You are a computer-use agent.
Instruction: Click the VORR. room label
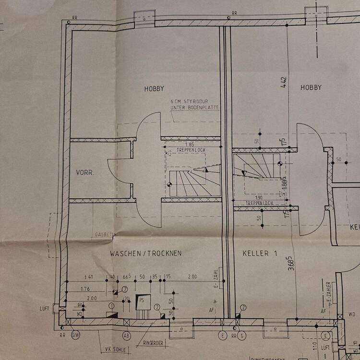(84, 172)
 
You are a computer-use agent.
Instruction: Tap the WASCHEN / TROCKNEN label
(145, 253)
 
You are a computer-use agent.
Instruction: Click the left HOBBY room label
(154, 88)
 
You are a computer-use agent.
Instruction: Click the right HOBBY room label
(311, 87)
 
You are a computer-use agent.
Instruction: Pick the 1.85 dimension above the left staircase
(191, 144)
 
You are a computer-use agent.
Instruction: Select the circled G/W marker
(75, 335)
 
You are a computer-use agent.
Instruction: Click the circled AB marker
(127, 335)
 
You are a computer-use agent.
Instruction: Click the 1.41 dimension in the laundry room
(89, 277)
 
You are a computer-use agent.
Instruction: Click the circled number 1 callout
(112, 306)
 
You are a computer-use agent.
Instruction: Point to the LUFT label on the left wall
(45, 309)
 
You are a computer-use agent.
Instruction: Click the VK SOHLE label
(112, 349)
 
